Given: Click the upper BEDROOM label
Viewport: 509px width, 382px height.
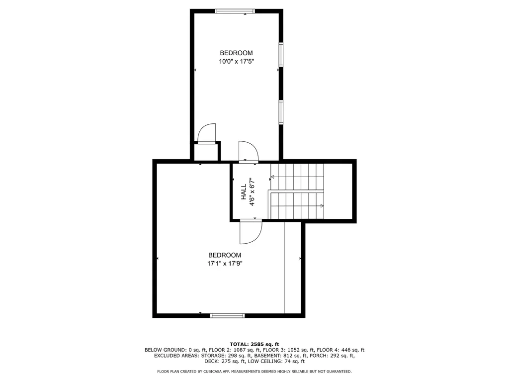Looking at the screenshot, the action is (x=236, y=53).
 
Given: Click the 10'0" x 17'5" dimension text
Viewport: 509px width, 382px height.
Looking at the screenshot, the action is (x=236, y=61).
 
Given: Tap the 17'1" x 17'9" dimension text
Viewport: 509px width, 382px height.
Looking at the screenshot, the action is (x=225, y=264).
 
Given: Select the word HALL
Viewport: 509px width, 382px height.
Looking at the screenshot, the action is (x=244, y=192).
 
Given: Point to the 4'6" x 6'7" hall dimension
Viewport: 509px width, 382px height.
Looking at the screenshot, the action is (x=252, y=191).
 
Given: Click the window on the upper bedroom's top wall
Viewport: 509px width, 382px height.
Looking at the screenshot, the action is (x=235, y=11).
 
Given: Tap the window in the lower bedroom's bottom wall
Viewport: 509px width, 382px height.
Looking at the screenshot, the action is (x=227, y=315).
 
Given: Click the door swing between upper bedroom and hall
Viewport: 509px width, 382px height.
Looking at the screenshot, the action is (x=248, y=151).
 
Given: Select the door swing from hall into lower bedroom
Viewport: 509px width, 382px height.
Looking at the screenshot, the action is (x=251, y=232).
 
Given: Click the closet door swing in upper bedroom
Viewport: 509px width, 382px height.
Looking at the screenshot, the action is (x=206, y=133).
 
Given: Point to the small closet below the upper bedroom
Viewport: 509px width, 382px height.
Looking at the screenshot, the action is (x=206, y=152).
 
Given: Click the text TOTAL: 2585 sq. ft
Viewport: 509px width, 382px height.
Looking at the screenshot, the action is (x=254, y=344).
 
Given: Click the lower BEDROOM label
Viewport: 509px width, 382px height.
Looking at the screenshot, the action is (x=225, y=255).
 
